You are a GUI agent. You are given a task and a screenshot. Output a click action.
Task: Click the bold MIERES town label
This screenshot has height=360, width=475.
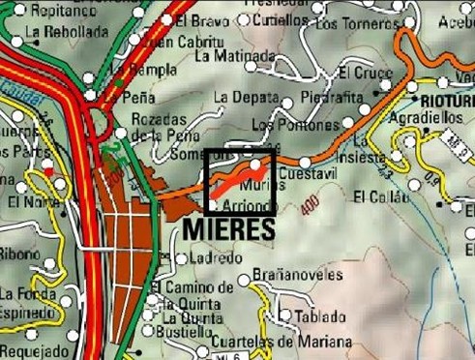click(x=228, y=226)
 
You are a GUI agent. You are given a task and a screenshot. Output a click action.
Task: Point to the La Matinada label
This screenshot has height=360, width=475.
click(x=230, y=56)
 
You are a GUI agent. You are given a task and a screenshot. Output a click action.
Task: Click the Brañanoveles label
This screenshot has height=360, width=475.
click(x=297, y=275)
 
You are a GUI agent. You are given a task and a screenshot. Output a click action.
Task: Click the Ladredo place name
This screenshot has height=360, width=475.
click(x=218, y=257)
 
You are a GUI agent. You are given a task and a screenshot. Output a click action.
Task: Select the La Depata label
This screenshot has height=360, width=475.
click(x=245, y=97)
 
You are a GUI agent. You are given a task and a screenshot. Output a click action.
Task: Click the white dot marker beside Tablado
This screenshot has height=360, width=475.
click(x=285, y=315)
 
